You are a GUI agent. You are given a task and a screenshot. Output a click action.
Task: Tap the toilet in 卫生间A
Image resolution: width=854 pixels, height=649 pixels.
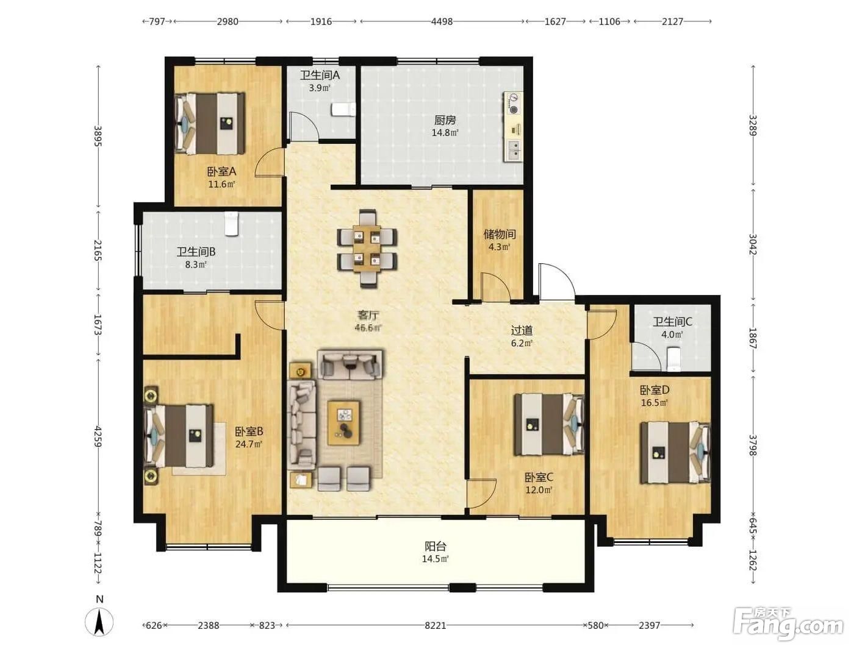(x=343, y=109)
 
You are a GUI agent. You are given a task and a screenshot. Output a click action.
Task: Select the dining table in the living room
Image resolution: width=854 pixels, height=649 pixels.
(x=367, y=249)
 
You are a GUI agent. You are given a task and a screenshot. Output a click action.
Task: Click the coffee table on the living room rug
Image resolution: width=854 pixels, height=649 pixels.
(x=343, y=423)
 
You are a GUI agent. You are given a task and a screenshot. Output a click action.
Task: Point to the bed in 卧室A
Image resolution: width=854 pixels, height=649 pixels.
(x=210, y=124)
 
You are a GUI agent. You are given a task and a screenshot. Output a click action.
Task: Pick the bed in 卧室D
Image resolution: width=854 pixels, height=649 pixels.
(x=676, y=453)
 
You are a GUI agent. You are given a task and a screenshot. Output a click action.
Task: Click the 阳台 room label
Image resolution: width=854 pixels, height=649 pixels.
(x=435, y=547)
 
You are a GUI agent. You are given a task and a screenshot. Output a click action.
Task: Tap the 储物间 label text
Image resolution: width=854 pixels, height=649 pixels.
(x=500, y=234)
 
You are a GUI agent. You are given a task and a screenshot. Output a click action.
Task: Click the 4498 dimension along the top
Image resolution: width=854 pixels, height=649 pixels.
(x=442, y=21)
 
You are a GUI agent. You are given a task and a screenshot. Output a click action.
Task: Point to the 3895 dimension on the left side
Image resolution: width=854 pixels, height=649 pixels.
(x=98, y=136)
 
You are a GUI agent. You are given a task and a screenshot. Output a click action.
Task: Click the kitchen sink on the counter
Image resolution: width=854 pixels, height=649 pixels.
(x=514, y=149)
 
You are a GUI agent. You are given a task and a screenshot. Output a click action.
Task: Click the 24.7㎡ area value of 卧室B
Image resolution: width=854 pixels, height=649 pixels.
(x=249, y=444)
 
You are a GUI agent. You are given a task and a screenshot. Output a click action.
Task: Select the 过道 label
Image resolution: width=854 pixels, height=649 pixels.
(x=522, y=330)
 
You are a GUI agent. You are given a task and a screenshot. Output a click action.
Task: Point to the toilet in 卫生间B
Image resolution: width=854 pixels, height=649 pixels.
(x=231, y=224)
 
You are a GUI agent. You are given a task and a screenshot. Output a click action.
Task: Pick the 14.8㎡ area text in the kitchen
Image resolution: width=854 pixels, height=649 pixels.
(x=445, y=133)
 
